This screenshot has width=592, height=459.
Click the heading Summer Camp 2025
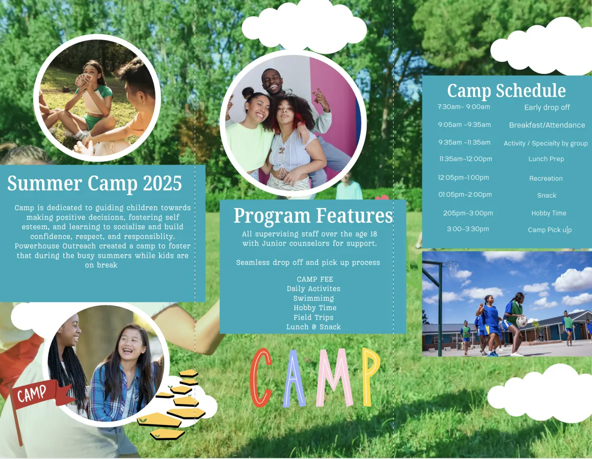(94, 183)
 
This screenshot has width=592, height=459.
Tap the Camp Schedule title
(506, 90)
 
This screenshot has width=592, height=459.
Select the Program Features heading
(313, 216)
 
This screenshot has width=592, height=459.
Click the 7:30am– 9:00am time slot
(464, 107)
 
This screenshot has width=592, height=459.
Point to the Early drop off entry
(547, 107)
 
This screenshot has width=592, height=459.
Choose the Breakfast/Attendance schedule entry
(547, 125)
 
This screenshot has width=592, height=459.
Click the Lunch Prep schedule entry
(546, 159)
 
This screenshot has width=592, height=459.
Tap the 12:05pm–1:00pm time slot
(463, 177)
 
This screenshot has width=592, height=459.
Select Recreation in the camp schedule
(546, 178)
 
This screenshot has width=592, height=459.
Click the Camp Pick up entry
(550, 230)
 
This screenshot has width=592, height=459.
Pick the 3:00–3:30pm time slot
(468, 229)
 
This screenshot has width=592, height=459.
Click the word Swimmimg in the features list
(314, 298)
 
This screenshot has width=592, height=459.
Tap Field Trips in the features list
(314, 318)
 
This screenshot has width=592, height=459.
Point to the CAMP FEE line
(315, 279)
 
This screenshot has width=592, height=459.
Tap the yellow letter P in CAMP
(371, 376)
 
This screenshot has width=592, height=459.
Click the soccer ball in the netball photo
(522, 322)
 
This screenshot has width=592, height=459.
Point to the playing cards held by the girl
(82, 80)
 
